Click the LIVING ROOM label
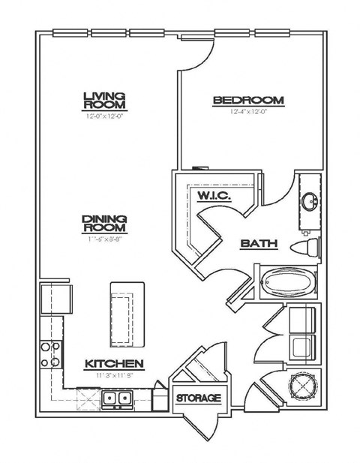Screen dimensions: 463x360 pyautogui.click(x=103, y=100)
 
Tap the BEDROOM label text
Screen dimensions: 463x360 pyautogui.click(x=247, y=100)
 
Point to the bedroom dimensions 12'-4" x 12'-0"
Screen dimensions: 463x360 pyautogui.click(x=247, y=112)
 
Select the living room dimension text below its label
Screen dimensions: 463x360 pyautogui.click(x=103, y=116)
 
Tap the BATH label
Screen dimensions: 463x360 pyautogui.click(x=259, y=244)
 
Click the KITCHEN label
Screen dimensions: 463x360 pyautogui.click(x=113, y=364)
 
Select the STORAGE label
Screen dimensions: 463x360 pyautogui.click(x=199, y=398)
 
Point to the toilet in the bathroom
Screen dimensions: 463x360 pyautogui.click(x=307, y=247)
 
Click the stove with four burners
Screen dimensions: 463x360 pyautogui.click(x=50, y=355)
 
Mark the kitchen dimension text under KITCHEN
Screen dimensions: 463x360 pyautogui.click(x=113, y=375)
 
